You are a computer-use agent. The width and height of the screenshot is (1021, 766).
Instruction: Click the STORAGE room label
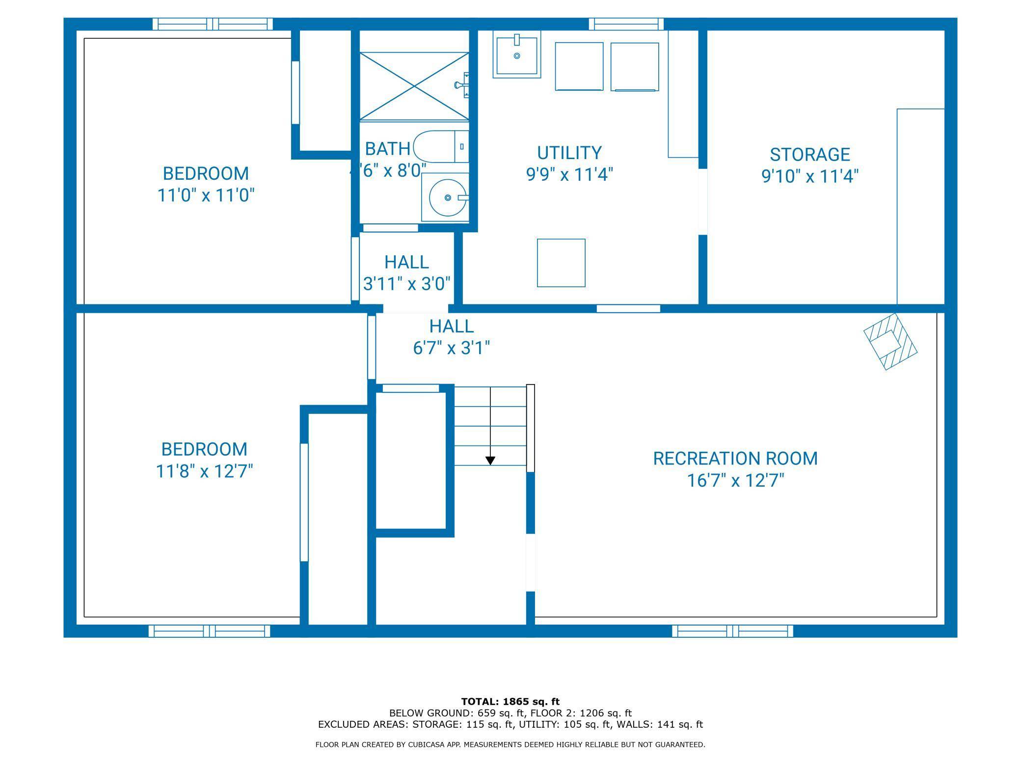[809, 155]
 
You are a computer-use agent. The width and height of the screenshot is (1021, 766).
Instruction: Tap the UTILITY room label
[569, 153]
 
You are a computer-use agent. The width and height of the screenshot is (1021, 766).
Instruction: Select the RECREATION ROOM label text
[735, 459]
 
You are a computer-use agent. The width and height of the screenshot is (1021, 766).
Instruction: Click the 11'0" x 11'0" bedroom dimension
[206, 195]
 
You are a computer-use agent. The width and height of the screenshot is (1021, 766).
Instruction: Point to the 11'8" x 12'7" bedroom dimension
[204, 471]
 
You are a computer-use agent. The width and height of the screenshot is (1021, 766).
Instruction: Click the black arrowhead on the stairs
[490, 461]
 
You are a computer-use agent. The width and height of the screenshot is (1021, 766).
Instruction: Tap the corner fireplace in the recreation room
[890, 341]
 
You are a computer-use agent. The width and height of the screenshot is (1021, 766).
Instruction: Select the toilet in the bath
[441, 147]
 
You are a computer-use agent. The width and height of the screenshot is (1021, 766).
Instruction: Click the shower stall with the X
[414, 86]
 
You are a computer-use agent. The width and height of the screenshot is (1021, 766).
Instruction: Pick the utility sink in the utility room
[517, 54]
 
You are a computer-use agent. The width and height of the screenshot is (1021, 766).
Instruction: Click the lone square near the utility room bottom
[561, 263]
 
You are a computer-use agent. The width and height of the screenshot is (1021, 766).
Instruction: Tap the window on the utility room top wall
[626, 24]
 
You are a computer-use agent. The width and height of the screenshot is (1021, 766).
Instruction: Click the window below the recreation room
[732, 631]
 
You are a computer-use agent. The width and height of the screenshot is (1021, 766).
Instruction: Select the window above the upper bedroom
[213, 24]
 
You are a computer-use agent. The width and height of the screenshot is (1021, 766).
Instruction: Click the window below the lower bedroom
[210, 631]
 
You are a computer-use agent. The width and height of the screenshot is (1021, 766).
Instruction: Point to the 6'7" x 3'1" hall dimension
[452, 348]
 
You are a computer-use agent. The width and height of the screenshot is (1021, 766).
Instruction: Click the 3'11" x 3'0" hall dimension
[406, 284]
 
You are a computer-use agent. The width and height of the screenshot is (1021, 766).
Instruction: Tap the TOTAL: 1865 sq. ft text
[510, 702]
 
